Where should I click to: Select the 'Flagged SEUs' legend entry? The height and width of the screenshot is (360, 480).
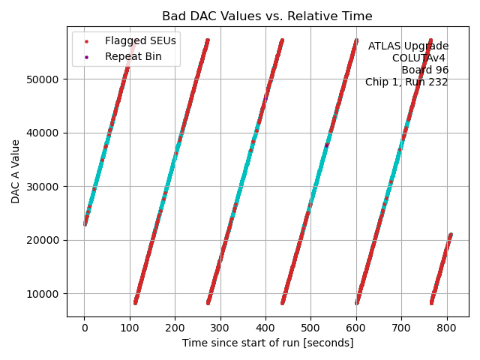pyautogui.click(x=140, y=40)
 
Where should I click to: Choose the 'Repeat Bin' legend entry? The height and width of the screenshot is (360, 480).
pyautogui.click(x=133, y=56)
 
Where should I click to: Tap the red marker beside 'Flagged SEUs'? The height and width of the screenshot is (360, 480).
pyautogui.click(x=87, y=40)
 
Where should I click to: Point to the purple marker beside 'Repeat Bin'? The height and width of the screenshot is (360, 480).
pyautogui.click(x=87, y=56)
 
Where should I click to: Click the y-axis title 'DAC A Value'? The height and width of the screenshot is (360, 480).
pyautogui.click(x=16, y=171)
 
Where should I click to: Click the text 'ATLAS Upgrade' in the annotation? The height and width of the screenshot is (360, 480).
pyautogui.click(x=408, y=46)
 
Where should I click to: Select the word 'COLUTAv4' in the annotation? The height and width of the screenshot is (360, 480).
pyautogui.click(x=420, y=58)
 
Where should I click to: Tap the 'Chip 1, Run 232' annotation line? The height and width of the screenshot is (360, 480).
pyautogui.click(x=406, y=82)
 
